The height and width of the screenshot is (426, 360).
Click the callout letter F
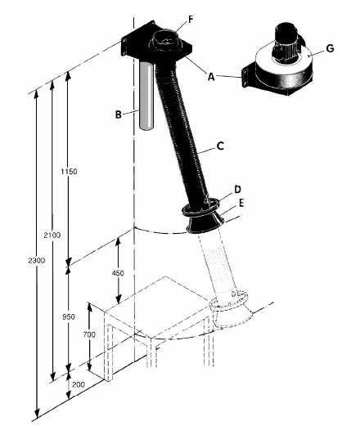191,20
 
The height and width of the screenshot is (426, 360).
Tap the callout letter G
330,49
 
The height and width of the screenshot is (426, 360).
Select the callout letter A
211,77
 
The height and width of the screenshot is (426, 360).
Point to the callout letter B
118,114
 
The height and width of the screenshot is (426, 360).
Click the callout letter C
220,146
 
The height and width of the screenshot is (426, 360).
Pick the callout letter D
237,189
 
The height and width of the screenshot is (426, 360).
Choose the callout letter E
241,203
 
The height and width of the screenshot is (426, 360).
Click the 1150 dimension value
69,172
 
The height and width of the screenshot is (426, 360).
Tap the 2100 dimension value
52,235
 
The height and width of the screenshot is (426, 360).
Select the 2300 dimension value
36,261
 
